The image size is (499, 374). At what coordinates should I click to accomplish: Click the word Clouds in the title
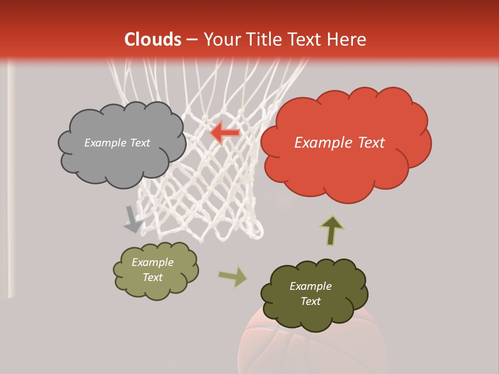click(153, 39)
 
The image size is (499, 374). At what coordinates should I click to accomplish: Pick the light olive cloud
click(155, 288)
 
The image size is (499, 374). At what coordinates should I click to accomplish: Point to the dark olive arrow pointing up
click(332, 230)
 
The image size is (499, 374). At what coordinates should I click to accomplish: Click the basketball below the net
click(312, 348)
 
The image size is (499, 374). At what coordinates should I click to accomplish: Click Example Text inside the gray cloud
click(117, 143)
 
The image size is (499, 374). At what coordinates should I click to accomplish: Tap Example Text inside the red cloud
click(339, 143)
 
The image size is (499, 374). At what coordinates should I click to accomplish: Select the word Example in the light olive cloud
click(152, 262)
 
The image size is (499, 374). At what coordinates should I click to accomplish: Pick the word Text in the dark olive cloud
click(310, 301)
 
